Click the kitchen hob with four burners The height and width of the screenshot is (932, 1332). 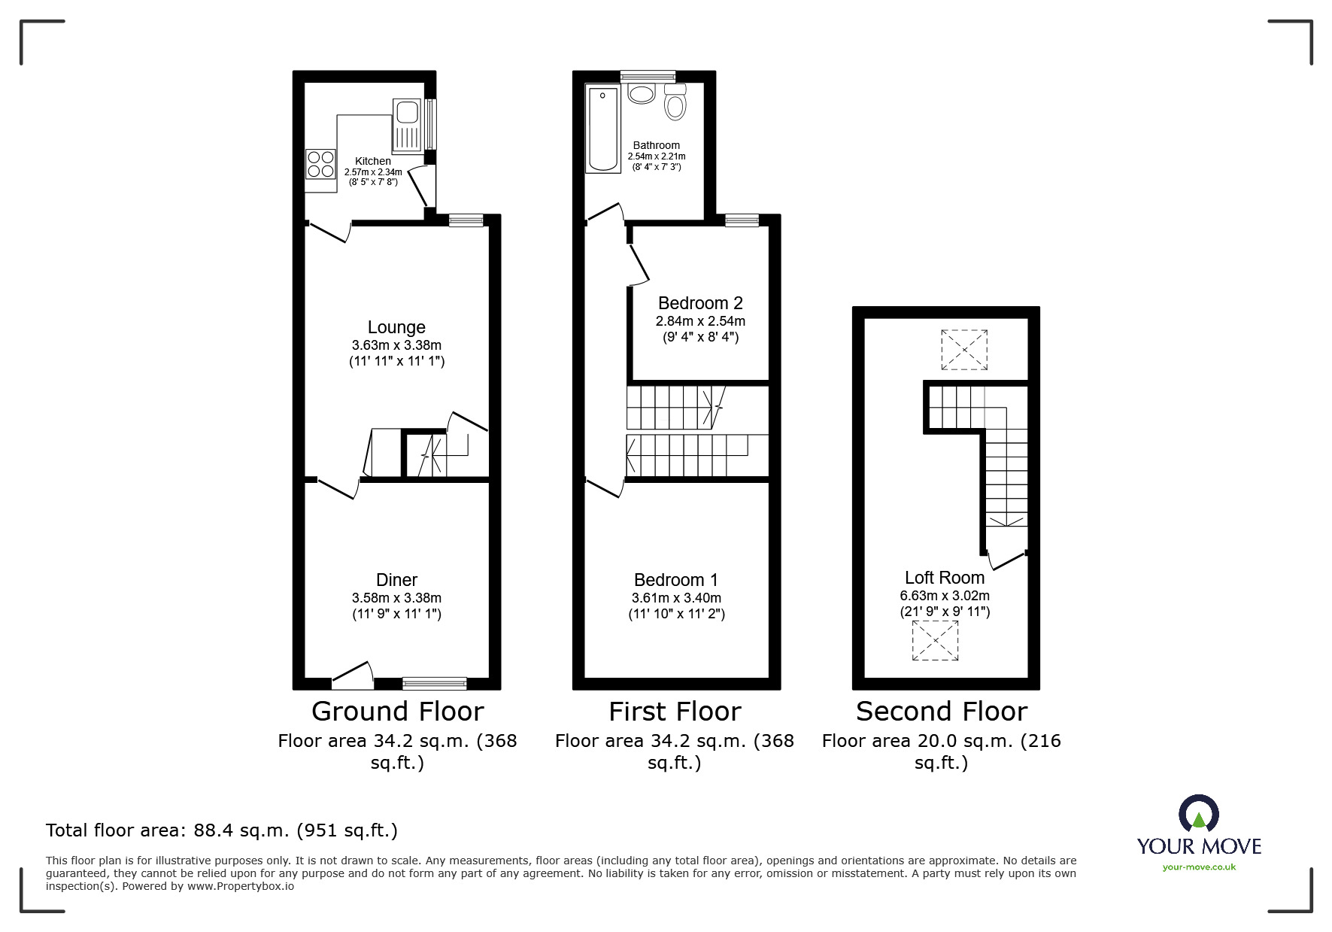tap(320, 164)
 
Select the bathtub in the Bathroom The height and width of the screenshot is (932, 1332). tap(602, 129)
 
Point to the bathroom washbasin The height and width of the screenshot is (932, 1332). tap(642, 94)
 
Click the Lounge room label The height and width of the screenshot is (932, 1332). tap(396, 327)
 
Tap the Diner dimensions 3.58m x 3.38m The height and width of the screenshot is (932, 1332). tap(396, 598)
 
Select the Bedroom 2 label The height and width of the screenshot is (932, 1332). tap(700, 303)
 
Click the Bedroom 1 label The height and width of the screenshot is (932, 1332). tap(675, 580)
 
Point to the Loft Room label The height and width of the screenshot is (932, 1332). tap(944, 578)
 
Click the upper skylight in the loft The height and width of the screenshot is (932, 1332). tap(964, 350)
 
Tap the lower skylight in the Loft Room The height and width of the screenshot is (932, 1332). tap(935, 641)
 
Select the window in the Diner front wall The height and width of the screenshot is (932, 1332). tap(434, 683)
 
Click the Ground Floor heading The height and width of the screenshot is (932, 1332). tap(397, 711)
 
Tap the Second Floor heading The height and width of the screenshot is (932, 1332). tap(941, 711)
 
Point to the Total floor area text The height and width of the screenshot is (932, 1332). tap(222, 830)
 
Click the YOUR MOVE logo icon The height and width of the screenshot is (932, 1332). tap(1198, 814)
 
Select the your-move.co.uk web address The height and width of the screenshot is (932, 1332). tap(1199, 867)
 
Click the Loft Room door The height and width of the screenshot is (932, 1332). tap(1006, 560)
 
